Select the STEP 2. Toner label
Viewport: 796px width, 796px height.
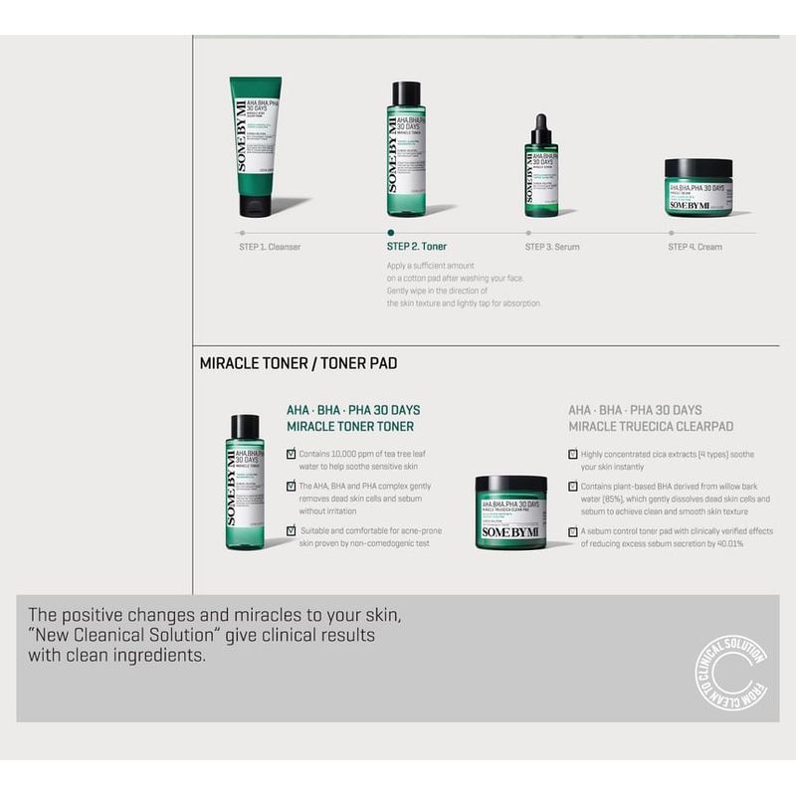click(416, 246)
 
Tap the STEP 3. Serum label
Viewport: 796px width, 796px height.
click(552, 247)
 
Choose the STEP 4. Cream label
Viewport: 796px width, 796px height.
click(695, 247)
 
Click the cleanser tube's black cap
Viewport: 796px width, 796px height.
click(255, 206)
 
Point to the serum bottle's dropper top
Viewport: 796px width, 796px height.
click(541, 128)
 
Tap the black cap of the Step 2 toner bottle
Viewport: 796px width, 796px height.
click(406, 94)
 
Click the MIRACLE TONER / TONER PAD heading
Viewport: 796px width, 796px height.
click(298, 364)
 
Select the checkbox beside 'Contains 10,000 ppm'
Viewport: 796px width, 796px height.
click(291, 454)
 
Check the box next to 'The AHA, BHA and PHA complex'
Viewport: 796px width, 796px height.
click(291, 487)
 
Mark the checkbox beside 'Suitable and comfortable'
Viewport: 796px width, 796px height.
click(291, 531)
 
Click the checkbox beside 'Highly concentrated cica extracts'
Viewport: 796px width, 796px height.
click(573, 454)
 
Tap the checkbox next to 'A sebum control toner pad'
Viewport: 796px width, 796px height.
click(573, 532)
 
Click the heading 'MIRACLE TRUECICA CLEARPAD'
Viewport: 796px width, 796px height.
click(651, 427)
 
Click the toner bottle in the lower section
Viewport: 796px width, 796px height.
click(245, 482)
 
